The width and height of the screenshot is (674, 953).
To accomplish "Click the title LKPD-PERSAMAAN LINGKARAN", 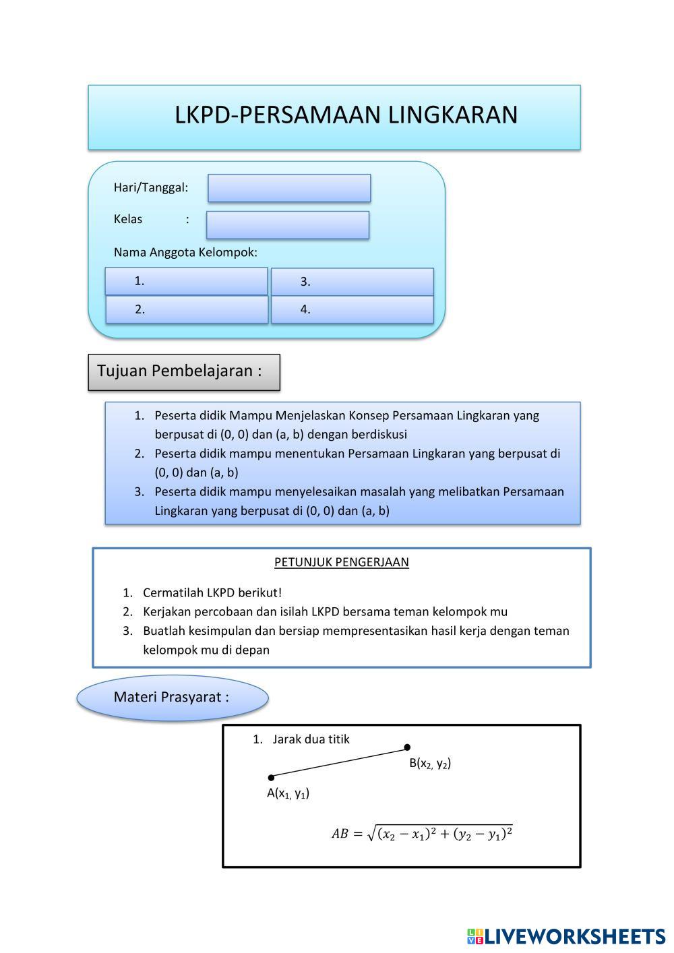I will point(346,115).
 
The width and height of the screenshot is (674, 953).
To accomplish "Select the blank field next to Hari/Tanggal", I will point(289,188).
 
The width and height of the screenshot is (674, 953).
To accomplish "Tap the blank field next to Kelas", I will point(288,224).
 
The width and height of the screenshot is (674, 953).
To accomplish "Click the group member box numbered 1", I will point(186,281).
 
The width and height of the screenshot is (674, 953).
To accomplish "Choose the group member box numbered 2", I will point(187,309).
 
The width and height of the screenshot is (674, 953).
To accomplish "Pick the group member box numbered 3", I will point(352,282).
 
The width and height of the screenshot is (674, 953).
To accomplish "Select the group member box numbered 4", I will point(352,309).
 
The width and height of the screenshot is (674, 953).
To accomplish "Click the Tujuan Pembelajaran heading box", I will point(183,371).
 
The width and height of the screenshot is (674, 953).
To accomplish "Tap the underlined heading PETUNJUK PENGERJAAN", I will point(341,562).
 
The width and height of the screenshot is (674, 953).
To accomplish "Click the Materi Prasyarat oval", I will point(173,698).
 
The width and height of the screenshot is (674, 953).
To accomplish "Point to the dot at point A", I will point(271,777).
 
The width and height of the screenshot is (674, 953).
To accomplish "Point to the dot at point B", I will point(407,747).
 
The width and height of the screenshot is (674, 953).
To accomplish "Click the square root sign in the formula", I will point(370,834).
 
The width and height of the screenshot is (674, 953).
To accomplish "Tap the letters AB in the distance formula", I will point(340,834).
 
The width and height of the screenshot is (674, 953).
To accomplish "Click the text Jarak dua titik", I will point(311,739).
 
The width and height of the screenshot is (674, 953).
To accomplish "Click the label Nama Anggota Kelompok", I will point(185,253).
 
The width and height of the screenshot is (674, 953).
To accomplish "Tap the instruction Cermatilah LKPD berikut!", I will point(212,593).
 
